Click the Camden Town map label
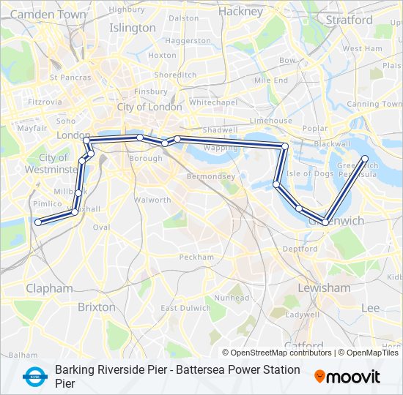pyautogui.click(x=48, y=14)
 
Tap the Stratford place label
pyautogui.click(x=350, y=20)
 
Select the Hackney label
pyautogui.click(x=240, y=12)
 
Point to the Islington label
pyautogui.click(x=133, y=28)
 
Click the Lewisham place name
pyautogui.click(x=324, y=287)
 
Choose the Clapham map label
pyautogui.click(x=49, y=288)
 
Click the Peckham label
pyautogui.click(x=196, y=257)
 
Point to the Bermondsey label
pyautogui.click(x=210, y=176)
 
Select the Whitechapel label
pyautogui.click(x=211, y=102)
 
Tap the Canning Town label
pyautogui.click(x=374, y=104)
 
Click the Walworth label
pyautogui.click(x=152, y=200)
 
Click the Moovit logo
pyautogui.click(x=347, y=377)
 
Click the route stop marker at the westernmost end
pyautogui.click(x=37, y=222)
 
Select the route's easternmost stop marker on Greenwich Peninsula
pyautogui.click(x=365, y=158)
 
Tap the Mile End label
pyautogui.click(x=270, y=80)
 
